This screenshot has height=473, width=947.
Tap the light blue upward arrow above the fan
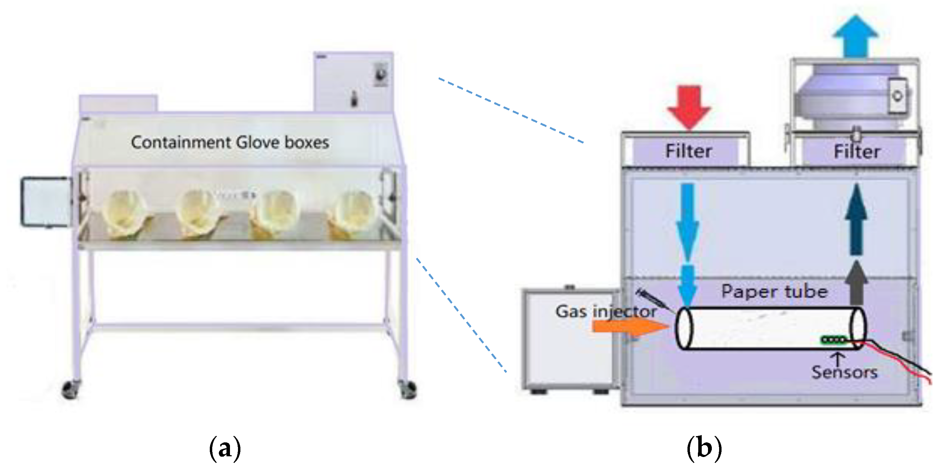point(856,37)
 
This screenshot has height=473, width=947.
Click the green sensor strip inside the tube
point(834,340)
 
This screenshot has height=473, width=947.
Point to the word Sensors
point(844,372)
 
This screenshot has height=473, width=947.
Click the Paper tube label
point(774,292)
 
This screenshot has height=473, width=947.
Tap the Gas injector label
point(606,312)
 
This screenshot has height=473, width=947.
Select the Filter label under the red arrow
point(689,151)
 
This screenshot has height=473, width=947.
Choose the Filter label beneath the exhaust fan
point(857,151)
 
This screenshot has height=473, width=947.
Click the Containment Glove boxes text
point(230,143)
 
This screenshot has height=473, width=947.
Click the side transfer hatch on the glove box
point(46,202)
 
